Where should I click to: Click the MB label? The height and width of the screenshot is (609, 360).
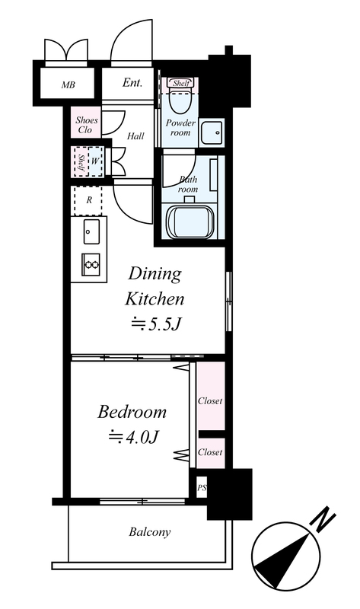[68, 84]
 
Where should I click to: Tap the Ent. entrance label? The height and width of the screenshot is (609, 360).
[132, 82]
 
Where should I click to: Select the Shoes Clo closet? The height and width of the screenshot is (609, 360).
[86, 123]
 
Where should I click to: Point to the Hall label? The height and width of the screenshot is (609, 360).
[135, 136]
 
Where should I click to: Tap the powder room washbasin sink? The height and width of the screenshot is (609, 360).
[212, 132]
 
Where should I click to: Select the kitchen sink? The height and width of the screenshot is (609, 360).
[91, 231]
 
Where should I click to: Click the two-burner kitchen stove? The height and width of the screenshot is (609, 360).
[91, 265]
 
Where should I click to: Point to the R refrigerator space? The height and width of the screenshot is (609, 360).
[88, 200]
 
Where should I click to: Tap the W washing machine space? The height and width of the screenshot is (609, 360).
[96, 161]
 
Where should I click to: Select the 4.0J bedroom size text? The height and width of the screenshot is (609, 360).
[134, 437]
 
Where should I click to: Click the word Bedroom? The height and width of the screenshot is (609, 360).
[132, 412]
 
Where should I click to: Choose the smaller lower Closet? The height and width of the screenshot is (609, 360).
[211, 453]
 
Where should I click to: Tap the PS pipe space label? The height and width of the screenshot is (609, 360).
[202, 488]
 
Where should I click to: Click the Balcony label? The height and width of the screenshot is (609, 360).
[150, 532]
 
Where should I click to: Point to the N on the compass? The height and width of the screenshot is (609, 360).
[323, 520]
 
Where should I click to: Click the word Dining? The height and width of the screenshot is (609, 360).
[155, 274]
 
